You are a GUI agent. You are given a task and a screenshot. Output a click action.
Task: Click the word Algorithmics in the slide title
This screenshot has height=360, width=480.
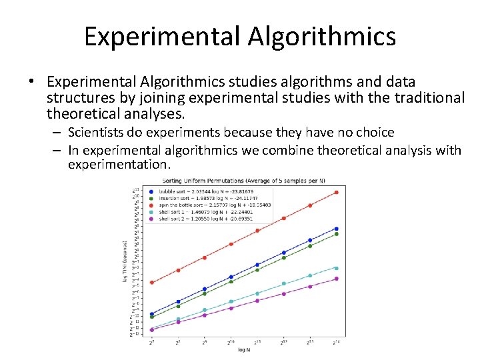[323, 36]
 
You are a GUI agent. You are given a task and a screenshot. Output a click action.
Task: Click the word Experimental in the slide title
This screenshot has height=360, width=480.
[163, 36]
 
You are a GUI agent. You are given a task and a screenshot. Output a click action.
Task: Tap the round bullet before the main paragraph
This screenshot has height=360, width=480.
[32, 83]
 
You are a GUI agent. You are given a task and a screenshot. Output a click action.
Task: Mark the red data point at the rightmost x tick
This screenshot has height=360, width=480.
[336, 193]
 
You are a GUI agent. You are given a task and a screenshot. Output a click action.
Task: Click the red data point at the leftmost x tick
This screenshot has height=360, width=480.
[152, 283]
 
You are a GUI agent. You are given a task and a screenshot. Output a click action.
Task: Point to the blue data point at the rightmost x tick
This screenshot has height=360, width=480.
[336, 229]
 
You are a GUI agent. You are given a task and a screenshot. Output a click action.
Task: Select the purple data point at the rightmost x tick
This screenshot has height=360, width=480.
[336, 279]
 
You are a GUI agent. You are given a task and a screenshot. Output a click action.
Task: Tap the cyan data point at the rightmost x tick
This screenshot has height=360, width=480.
[336, 268]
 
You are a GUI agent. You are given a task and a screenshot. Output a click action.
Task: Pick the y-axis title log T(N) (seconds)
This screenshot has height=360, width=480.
[125, 261]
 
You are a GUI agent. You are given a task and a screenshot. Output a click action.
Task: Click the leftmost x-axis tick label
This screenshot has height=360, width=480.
[152, 342]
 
